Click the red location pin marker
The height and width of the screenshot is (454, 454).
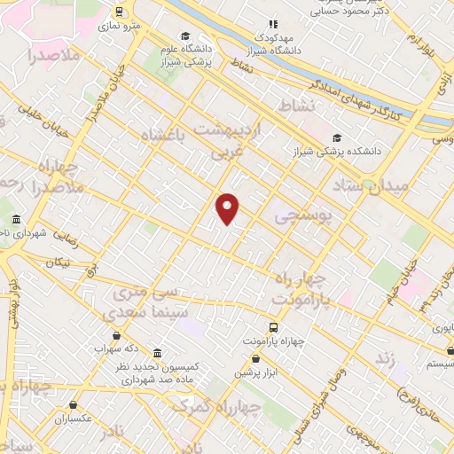pos(228,208)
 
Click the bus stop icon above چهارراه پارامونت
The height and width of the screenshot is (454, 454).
pos(273,327)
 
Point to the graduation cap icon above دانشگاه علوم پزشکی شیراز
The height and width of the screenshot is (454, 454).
pos(185,36)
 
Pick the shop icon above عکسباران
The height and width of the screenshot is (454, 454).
pos(73,404)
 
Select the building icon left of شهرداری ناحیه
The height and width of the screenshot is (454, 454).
pos(15,219)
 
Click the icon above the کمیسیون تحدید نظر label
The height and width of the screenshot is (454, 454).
pos(157,352)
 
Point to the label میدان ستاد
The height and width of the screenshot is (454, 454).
pos(370,187)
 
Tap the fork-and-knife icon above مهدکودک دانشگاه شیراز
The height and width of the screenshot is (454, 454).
pos(273,24)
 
